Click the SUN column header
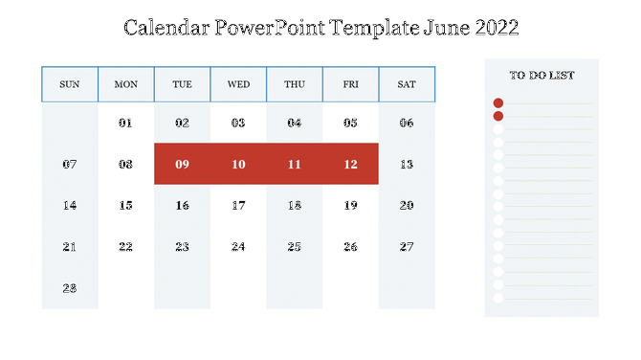click(70, 84)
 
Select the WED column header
click(238, 84)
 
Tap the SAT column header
click(407, 84)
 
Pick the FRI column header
click(350, 84)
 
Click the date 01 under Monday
click(126, 124)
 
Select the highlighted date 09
click(182, 165)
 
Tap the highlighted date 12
click(350, 165)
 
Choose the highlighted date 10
click(238, 165)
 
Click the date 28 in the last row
click(70, 288)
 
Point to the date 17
click(238, 206)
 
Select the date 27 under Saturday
click(407, 247)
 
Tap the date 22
click(126, 247)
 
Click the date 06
click(407, 124)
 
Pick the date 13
click(407, 165)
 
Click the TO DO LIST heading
click(541, 75)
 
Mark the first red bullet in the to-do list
click(497, 102)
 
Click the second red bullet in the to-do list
click(497, 116)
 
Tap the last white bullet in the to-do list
click(497, 298)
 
